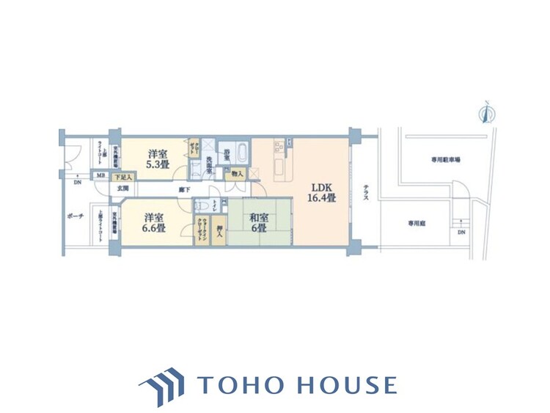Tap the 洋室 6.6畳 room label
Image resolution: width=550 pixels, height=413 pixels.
click(x=153, y=222)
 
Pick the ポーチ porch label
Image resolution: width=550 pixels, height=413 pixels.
click(x=74, y=217)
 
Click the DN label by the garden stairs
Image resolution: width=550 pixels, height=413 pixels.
click(x=461, y=233)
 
